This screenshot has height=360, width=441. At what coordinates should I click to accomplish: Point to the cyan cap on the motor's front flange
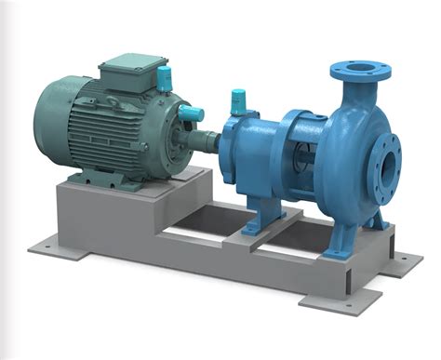pos(193,113)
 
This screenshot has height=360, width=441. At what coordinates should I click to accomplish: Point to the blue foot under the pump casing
pos(372,220)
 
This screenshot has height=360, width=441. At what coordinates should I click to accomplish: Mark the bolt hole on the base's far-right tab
pos(406,262)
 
